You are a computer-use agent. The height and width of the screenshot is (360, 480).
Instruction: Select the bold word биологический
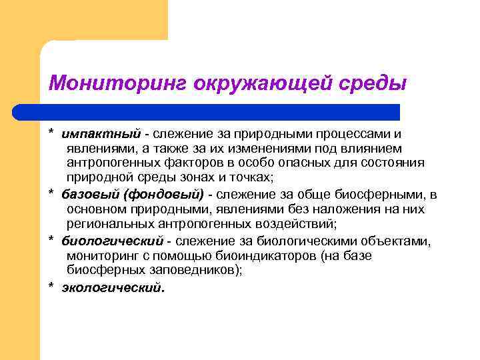point(113,241)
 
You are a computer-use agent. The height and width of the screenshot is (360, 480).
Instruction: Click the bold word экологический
point(112,287)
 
